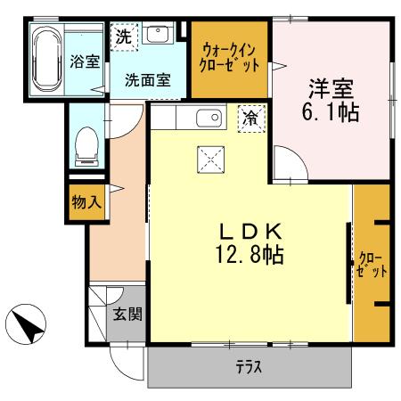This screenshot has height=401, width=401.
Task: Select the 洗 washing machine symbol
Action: (x=123, y=38)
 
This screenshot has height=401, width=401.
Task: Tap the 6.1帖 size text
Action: (x=331, y=114)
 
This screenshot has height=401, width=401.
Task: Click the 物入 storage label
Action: (x=86, y=202)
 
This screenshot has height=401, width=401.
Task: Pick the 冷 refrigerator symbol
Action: (x=251, y=118)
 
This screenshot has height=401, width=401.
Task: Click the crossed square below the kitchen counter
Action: (x=213, y=160)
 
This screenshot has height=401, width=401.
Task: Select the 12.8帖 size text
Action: (x=250, y=256)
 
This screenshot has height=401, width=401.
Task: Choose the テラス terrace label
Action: (x=250, y=367)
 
